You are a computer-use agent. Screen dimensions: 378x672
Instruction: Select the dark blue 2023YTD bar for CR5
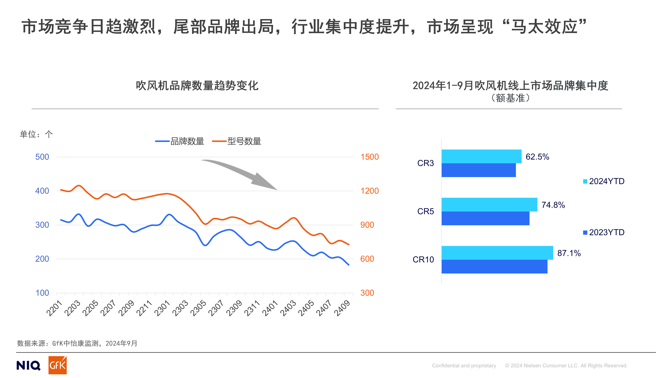point(485,218)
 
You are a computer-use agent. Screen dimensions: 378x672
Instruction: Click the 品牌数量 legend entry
point(180,141)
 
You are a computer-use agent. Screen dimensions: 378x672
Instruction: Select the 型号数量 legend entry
point(237,141)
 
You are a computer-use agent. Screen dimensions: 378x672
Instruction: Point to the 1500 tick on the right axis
point(369,157)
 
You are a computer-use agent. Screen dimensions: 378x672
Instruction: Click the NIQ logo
point(28,365)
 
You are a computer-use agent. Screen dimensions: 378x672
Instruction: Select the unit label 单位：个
point(36,134)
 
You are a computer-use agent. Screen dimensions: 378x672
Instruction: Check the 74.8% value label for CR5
point(553,205)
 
